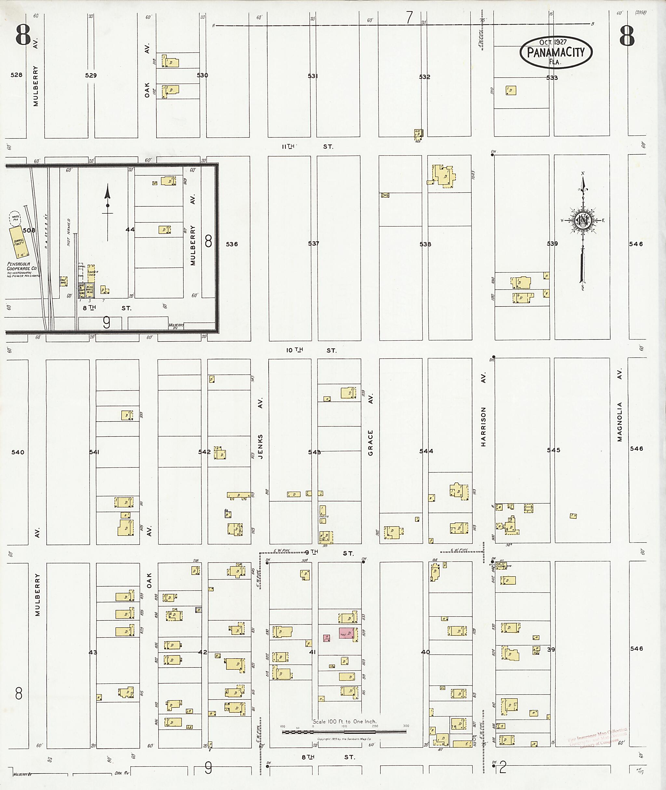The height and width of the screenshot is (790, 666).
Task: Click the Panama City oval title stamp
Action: click(556, 52)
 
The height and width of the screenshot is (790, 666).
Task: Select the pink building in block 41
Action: click(347, 633)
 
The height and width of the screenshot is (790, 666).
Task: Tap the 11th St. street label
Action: click(307, 147)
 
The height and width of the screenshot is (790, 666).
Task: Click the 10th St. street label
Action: click(311, 350)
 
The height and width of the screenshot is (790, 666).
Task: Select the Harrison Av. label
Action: click(483, 409)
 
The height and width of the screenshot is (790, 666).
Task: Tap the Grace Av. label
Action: click(370, 425)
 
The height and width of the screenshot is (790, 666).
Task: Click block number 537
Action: click(313, 244)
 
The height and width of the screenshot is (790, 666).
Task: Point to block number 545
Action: click(553, 450)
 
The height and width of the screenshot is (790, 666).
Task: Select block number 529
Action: click(91, 75)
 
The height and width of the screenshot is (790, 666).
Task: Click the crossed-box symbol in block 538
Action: click(385, 195)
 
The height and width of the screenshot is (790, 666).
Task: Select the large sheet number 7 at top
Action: click(409, 17)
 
